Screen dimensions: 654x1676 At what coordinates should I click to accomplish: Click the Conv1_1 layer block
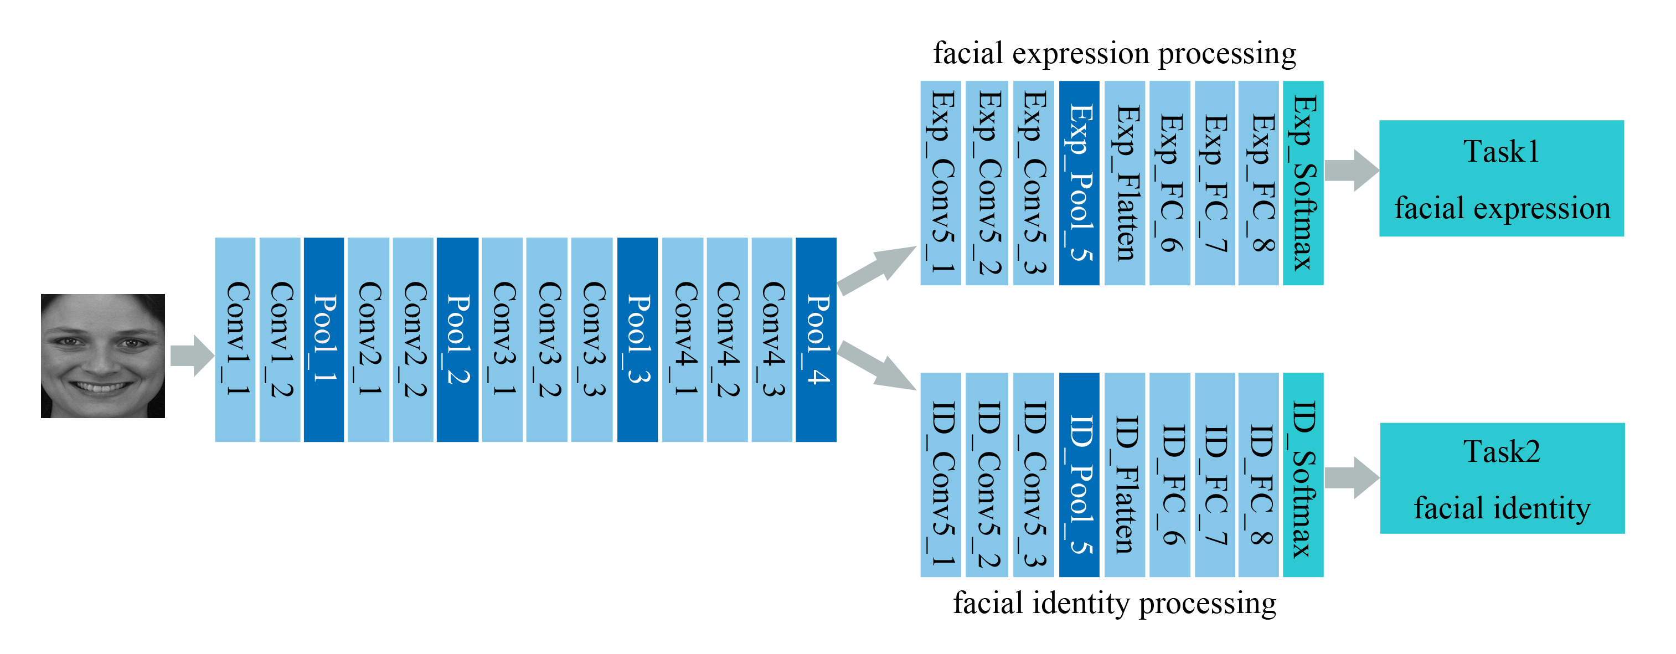(x=235, y=339)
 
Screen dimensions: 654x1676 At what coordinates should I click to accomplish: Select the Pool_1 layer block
(x=323, y=339)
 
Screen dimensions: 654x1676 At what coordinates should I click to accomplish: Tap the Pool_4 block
(x=816, y=339)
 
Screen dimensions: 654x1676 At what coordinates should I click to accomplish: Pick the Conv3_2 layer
(x=546, y=339)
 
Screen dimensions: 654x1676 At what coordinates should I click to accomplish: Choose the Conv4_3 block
(x=772, y=339)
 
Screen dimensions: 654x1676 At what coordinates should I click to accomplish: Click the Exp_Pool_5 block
(x=1079, y=183)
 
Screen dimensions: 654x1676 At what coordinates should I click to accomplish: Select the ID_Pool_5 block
(x=1079, y=475)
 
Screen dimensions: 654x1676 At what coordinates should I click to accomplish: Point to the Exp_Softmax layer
(x=1303, y=183)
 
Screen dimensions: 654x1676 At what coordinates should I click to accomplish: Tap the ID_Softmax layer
(x=1303, y=475)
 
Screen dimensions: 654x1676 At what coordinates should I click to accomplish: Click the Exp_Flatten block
(x=1125, y=183)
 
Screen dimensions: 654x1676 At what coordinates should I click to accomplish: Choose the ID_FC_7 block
(x=1215, y=475)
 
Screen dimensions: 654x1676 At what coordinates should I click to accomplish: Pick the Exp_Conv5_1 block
(x=940, y=183)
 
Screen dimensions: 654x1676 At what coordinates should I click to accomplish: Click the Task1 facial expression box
(x=1501, y=178)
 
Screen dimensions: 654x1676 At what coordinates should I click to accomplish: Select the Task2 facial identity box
(x=1502, y=478)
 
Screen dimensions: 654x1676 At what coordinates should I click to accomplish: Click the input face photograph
(x=103, y=356)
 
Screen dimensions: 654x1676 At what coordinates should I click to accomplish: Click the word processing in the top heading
(x=1227, y=53)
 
